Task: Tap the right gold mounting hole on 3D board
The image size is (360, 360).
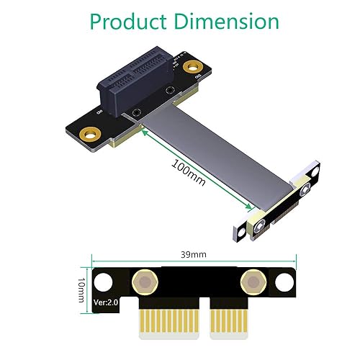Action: coord(193,68)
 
